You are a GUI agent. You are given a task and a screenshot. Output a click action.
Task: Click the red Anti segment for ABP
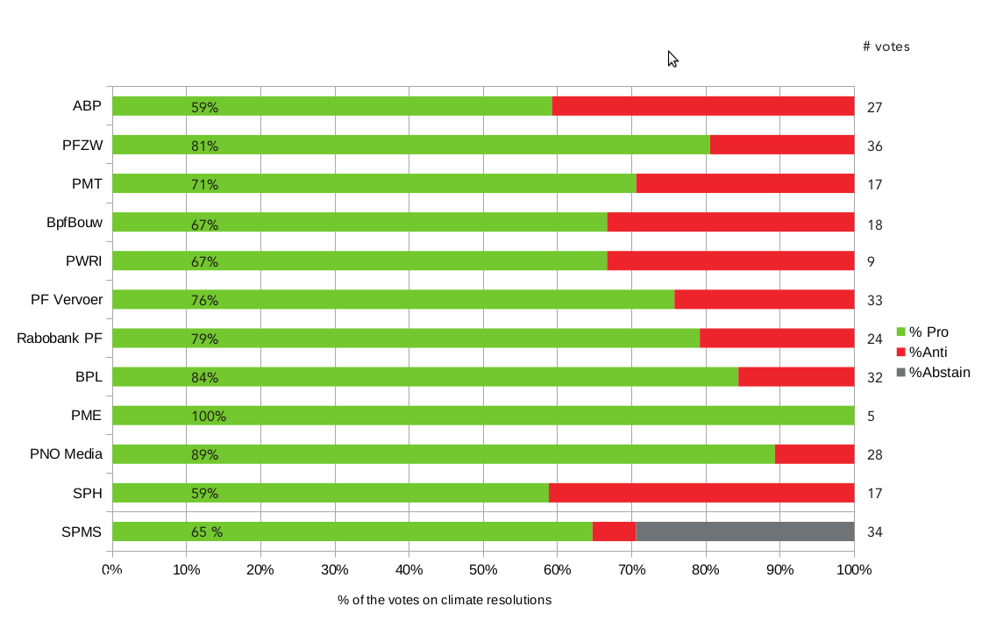tap(703, 106)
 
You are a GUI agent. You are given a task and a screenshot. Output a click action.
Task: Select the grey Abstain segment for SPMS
tap(744, 531)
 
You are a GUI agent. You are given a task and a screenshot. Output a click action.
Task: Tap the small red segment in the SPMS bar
tap(614, 531)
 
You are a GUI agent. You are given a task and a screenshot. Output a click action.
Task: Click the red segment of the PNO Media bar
tap(815, 454)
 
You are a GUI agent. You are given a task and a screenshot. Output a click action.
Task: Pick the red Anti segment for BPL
tap(796, 377)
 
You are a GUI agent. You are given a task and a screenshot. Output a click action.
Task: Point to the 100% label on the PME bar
tap(209, 417)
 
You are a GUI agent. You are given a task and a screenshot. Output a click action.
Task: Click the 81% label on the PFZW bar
tap(204, 146)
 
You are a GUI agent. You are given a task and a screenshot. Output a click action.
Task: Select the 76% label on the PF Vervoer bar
tap(204, 301)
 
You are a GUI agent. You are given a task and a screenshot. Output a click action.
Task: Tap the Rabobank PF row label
tap(60, 339)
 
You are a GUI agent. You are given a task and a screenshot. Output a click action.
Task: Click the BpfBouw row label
tap(75, 223)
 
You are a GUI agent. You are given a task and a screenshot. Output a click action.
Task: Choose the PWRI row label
tap(84, 261)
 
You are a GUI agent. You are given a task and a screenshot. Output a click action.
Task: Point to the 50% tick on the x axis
tap(483, 569)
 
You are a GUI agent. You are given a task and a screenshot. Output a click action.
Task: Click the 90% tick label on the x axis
tap(779, 569)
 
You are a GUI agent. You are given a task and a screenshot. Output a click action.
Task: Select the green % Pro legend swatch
tap(900, 332)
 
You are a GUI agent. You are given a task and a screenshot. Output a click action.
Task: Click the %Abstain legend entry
tap(938, 373)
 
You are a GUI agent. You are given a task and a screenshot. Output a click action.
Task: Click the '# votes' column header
tap(886, 47)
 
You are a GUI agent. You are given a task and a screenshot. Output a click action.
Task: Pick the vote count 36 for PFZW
tap(874, 146)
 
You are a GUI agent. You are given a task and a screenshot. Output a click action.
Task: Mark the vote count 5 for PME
tap(871, 417)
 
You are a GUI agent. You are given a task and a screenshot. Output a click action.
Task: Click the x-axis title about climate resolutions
tap(445, 601)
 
